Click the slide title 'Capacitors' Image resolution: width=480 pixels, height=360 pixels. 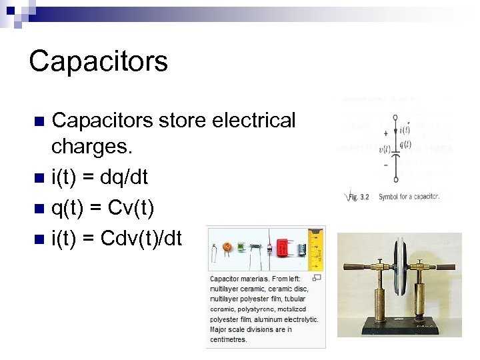point(99,61)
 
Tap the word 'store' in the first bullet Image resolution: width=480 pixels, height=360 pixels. point(172,120)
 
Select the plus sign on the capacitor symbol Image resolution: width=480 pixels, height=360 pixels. point(386,134)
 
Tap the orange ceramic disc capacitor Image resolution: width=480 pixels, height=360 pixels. point(228,247)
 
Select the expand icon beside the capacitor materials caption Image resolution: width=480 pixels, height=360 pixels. point(317,277)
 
